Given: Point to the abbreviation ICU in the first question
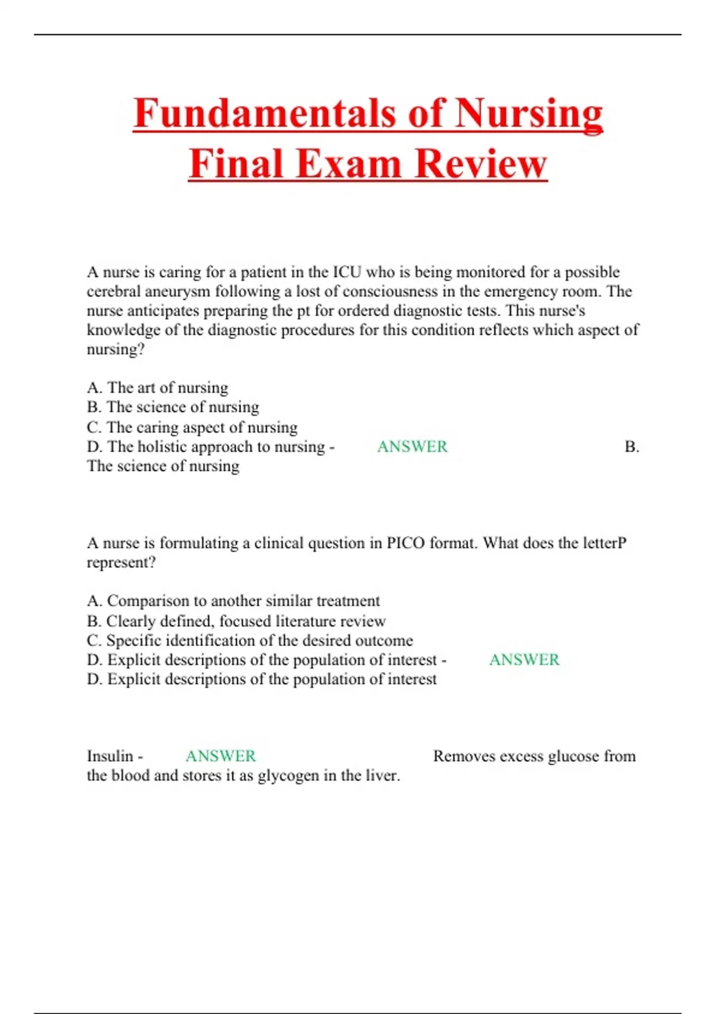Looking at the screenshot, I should [347, 272].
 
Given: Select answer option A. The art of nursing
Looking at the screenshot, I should [158, 388].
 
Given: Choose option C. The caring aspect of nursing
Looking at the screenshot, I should [192, 427].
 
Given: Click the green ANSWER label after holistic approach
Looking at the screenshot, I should [412, 447].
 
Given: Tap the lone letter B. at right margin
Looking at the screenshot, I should [632, 447].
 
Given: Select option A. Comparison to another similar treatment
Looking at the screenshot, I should [233, 601].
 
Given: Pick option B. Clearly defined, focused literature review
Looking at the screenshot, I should [236, 621].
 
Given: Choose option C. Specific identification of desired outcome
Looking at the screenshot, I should [250, 641].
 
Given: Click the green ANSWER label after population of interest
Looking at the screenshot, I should [524, 660].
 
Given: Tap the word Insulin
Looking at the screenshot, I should [110, 756].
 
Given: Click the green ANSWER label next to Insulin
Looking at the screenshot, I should [221, 756].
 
